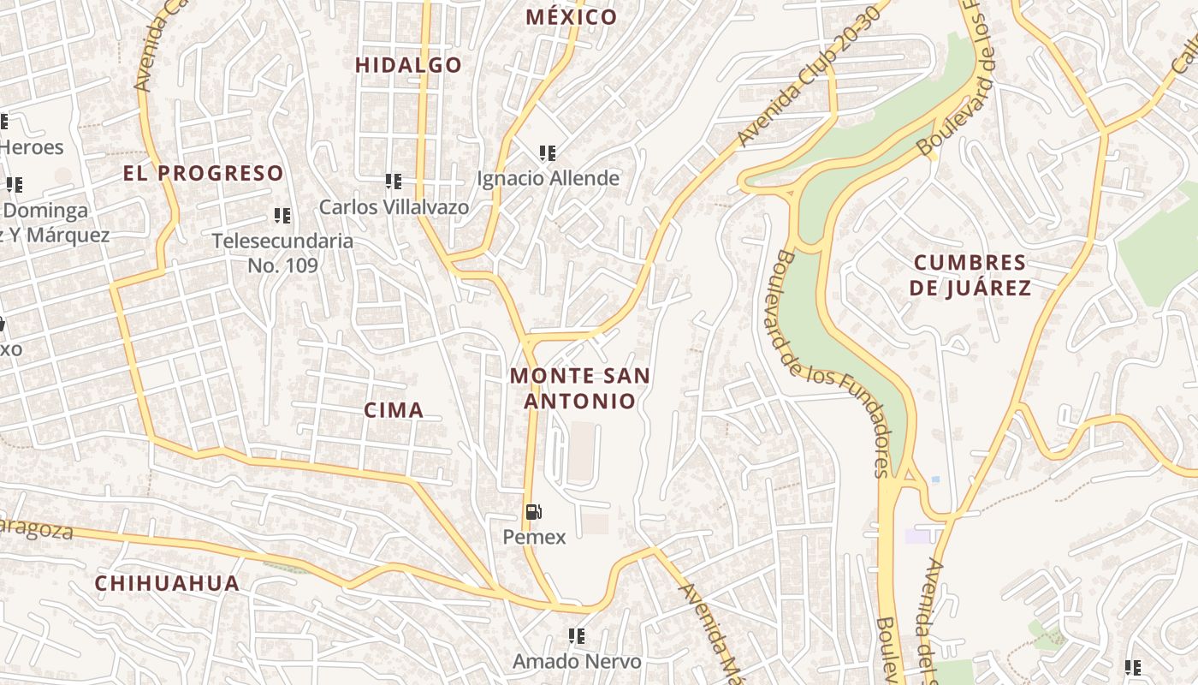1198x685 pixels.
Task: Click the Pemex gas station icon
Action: (534, 513)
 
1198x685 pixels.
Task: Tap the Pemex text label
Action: (534, 537)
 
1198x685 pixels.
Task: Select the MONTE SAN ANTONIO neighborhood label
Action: (580, 388)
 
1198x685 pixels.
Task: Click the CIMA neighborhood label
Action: (394, 410)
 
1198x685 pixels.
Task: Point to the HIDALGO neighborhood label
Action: (408, 65)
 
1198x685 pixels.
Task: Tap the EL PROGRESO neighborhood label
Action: (203, 173)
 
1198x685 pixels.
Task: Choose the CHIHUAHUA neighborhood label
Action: (167, 583)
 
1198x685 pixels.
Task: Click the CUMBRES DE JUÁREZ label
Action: (970, 275)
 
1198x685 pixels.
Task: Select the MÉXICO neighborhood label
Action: (571, 17)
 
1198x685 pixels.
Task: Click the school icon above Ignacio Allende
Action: (548, 153)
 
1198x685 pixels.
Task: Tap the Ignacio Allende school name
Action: (548, 178)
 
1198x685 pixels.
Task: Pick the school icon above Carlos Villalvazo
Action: (394, 182)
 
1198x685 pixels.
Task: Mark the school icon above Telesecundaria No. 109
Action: (282, 216)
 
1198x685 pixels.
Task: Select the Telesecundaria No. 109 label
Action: (282, 253)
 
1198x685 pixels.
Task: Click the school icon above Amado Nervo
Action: (577, 636)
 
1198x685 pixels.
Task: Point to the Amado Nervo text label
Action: (577, 661)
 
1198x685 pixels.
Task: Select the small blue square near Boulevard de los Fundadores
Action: (935, 479)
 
